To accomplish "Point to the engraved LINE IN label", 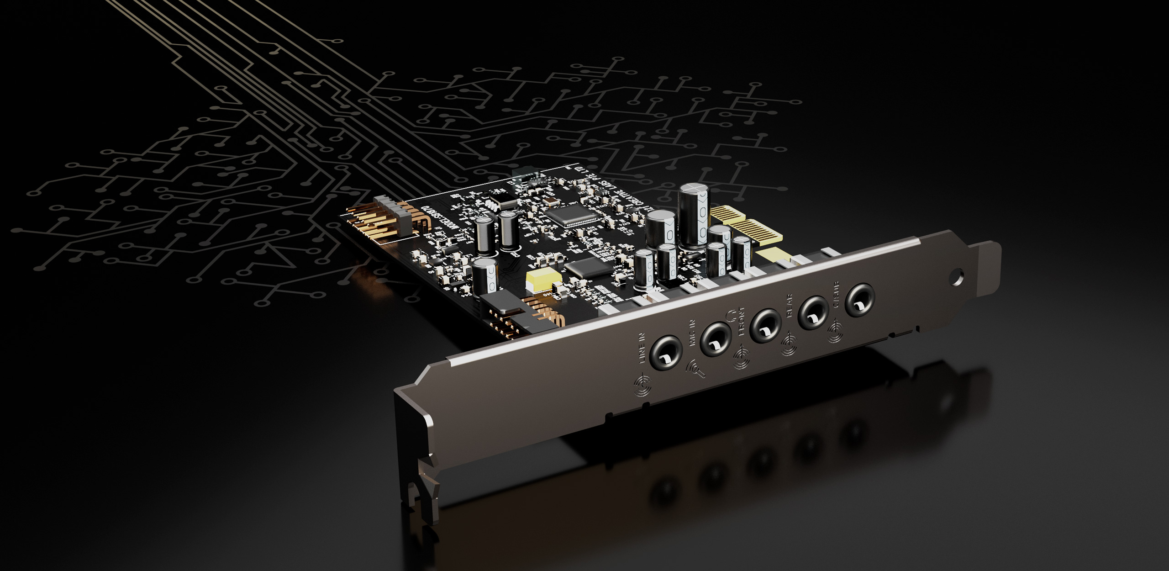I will point(643,350).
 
